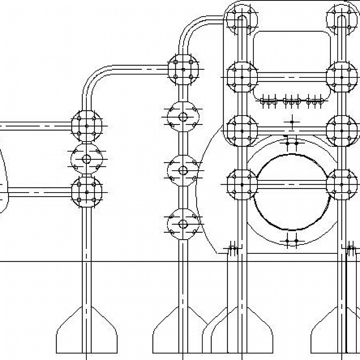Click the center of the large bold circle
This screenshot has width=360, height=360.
pos(292,193)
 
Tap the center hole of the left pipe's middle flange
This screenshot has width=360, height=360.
pos(86,159)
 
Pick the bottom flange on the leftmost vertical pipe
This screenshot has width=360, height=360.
pos(86,192)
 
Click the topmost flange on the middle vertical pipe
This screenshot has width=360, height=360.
pos(183,69)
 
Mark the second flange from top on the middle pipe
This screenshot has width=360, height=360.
pos(183,117)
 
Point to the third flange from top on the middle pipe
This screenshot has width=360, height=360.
pos(183,170)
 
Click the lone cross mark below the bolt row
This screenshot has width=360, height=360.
pos(292,122)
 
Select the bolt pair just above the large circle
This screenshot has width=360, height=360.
pos(292,143)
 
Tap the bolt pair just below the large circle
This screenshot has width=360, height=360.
pos(292,241)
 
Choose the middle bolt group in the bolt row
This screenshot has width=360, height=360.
pos(292,101)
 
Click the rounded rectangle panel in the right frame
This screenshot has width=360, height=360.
pos(292,65)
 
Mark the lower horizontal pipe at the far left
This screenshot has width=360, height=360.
pos(36,192)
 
